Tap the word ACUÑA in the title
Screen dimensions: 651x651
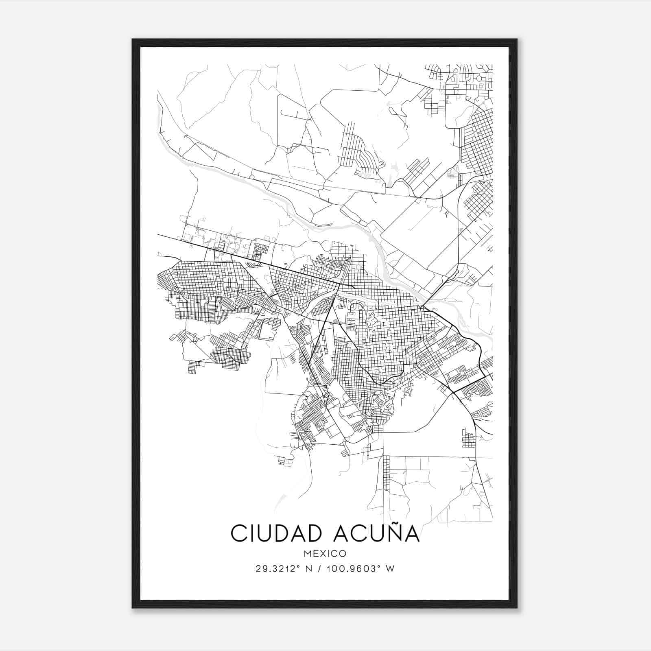[x=376, y=533]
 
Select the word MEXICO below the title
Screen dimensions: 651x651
[x=325, y=554]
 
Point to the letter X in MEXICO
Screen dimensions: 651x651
[x=323, y=554]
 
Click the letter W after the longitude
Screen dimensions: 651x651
[x=391, y=569]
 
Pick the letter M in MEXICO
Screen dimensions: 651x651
[x=307, y=554]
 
